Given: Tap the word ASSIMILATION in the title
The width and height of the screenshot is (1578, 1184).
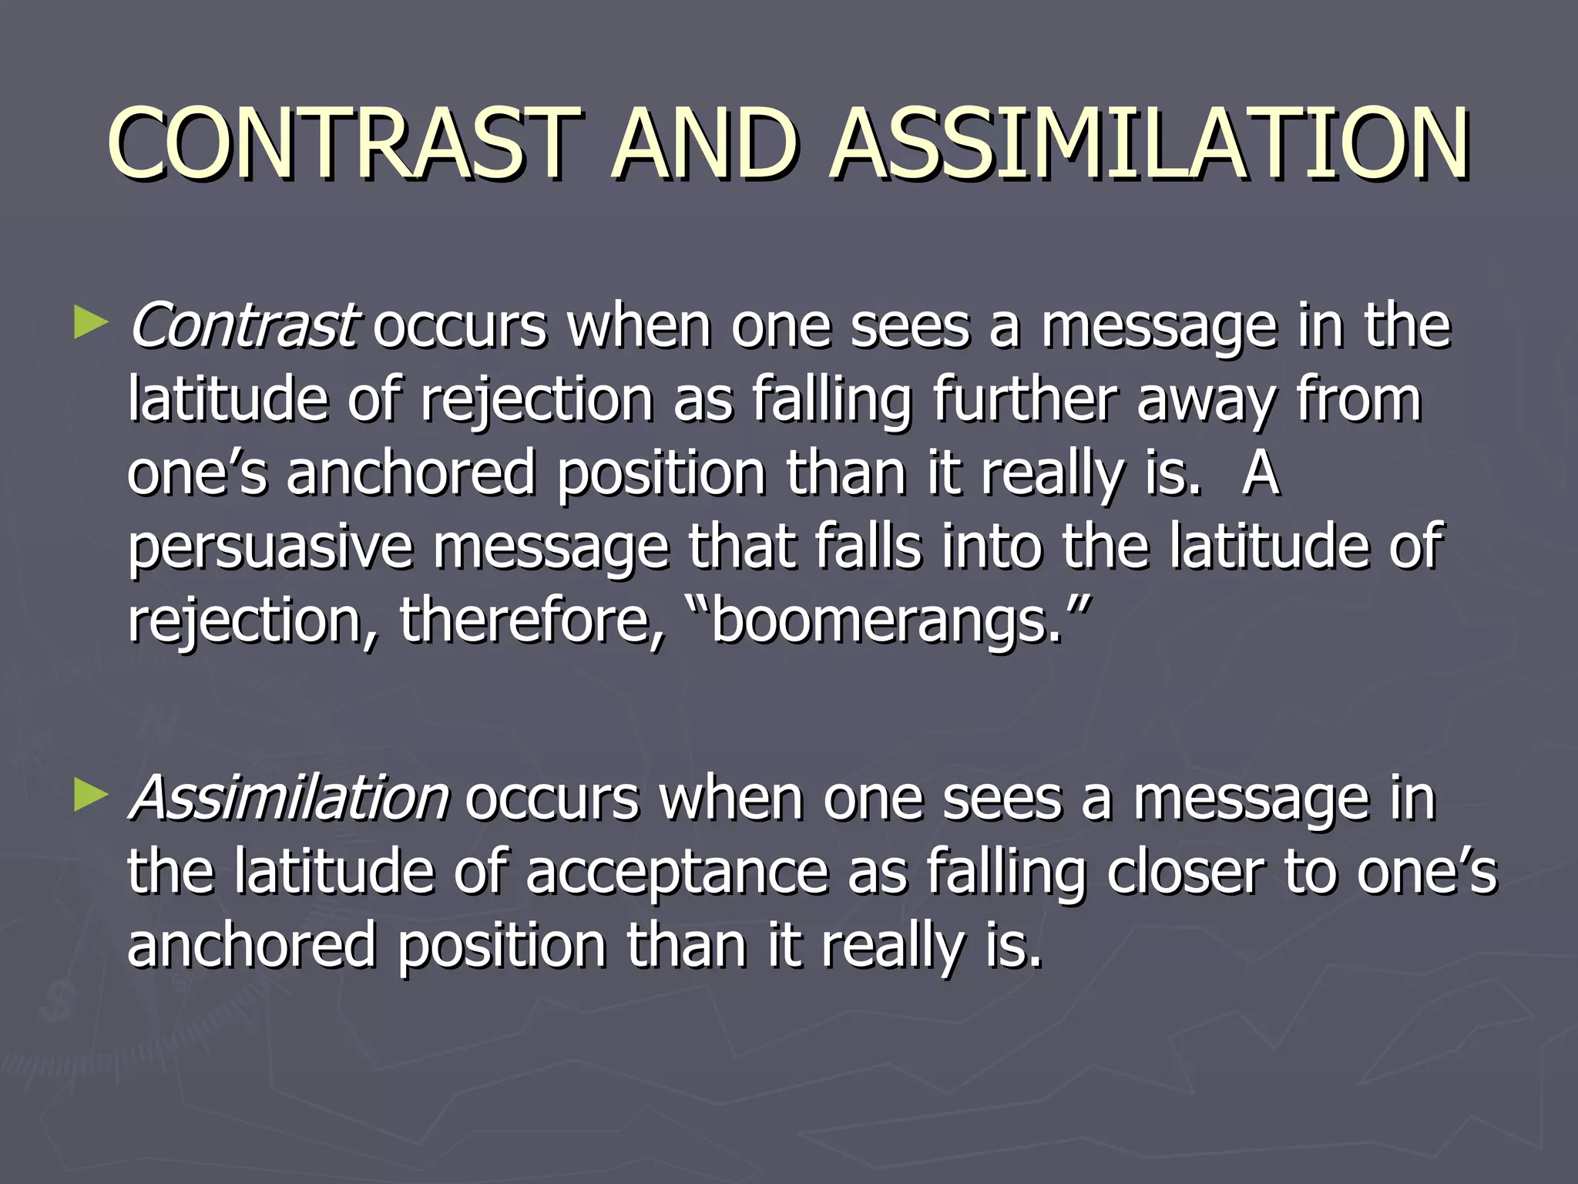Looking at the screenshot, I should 1150,144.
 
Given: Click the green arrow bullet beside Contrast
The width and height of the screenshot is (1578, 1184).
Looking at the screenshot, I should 90,324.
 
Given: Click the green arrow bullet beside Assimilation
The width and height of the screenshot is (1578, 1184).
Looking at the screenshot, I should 90,796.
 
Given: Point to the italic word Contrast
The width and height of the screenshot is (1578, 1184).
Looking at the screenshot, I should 241,325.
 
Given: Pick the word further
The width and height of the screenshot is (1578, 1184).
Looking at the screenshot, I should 1024,399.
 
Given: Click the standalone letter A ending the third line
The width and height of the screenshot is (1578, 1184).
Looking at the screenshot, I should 1261,473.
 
